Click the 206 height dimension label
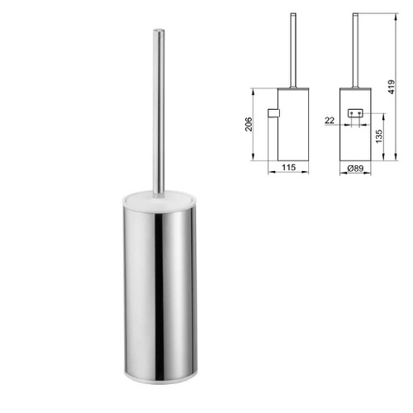point(249,124)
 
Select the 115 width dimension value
point(288,167)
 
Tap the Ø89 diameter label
point(355,168)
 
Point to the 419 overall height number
point(392,87)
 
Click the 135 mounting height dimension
point(379,136)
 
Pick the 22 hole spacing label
point(330,121)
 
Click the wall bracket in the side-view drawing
point(273,113)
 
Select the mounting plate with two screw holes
point(355,113)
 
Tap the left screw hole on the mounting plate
point(352,113)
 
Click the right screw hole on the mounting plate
point(359,113)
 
